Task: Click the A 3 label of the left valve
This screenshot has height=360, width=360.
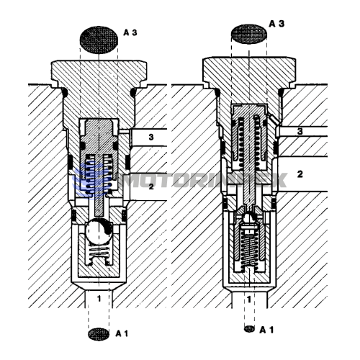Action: [130, 32]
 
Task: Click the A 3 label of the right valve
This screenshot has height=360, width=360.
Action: [276, 24]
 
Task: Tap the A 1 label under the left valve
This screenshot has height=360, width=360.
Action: [122, 333]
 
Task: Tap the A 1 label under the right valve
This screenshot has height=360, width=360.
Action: [266, 330]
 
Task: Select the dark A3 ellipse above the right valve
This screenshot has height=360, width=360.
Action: [249, 34]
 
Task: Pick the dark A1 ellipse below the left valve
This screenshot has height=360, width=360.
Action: [99, 334]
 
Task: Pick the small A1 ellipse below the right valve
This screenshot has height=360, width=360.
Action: [249, 328]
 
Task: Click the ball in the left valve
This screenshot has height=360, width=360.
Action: [99, 230]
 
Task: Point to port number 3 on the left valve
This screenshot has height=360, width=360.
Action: [151, 137]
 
